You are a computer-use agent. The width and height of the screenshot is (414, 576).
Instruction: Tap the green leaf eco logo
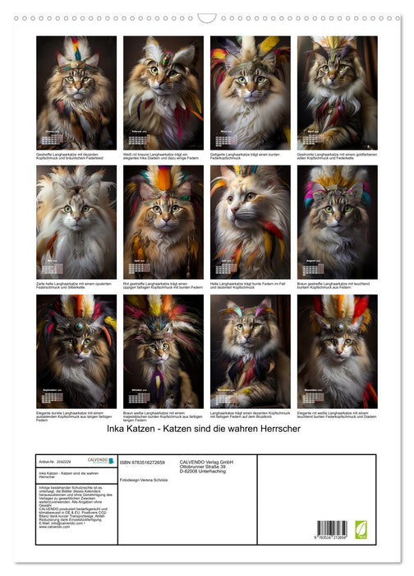(361, 528)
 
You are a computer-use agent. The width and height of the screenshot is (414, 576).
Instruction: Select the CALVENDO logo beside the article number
(102, 461)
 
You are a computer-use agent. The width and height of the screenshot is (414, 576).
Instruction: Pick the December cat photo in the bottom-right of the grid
(337, 352)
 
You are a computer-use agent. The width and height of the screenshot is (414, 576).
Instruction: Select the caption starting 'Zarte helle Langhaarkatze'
(76, 285)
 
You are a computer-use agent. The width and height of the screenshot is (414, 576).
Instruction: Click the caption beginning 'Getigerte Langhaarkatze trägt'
(249, 156)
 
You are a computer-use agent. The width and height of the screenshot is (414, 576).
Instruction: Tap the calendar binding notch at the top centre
(207, 17)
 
